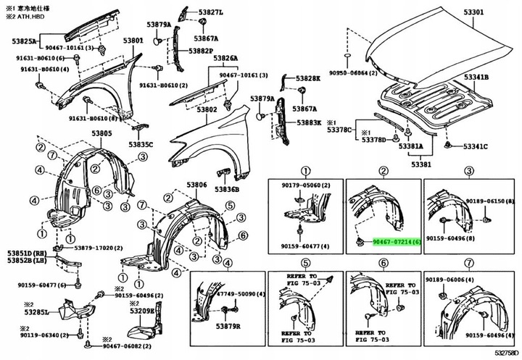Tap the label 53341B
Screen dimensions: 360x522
[476, 77]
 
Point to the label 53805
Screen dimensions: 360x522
[101, 134]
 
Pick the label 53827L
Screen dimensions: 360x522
[212, 12]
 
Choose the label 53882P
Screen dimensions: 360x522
[201, 51]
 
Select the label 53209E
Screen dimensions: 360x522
[142, 311]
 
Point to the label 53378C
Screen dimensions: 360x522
[339, 131]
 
